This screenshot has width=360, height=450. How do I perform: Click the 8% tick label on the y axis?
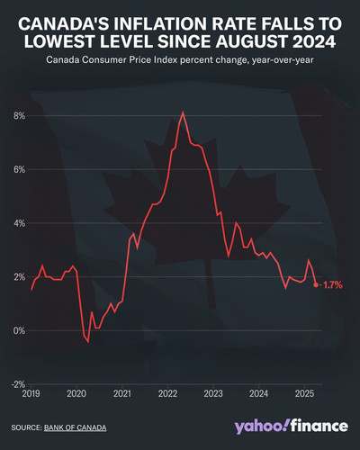click(x=19, y=116)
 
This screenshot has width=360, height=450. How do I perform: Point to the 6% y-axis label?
click(x=19, y=170)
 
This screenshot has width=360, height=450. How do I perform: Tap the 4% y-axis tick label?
click(x=19, y=223)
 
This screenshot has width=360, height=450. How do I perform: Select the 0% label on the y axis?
click(x=19, y=331)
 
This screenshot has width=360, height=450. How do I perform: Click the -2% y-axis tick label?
click(x=18, y=384)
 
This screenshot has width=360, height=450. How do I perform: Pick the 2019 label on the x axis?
click(x=31, y=393)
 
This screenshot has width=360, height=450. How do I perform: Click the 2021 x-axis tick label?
click(x=122, y=393)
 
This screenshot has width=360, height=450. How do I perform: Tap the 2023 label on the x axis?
click(x=213, y=393)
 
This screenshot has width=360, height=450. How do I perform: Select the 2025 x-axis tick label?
click(x=304, y=393)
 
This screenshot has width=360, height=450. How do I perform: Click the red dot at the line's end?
click(x=316, y=284)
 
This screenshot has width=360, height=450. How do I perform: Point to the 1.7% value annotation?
click(x=333, y=285)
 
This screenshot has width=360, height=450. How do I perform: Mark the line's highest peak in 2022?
click(x=183, y=112)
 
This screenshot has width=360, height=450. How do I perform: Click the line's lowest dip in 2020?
click(x=88, y=341)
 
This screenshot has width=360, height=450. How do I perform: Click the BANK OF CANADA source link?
click(x=75, y=427)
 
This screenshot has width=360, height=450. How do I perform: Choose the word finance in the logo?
click(x=319, y=426)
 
